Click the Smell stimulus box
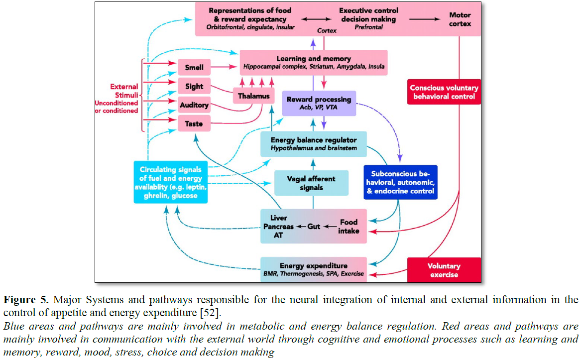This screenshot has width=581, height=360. point(194,66)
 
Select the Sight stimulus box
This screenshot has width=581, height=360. point(194,86)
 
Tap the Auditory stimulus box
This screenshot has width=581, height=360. point(194,106)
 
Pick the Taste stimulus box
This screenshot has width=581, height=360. point(194,123)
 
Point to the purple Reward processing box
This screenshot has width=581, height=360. point(319,103)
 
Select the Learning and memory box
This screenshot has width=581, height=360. point(314,62)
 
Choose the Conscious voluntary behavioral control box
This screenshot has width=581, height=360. point(444,92)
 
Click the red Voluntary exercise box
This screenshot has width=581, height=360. point(444,270)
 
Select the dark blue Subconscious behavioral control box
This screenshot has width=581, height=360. point(400,182)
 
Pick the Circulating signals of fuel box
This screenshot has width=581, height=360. point(171,182)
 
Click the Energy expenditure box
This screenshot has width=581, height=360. point(314,269)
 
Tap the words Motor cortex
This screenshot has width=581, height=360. point(460,19)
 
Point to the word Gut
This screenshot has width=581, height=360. point(314,227)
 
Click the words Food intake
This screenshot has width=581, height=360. point(349,227)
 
